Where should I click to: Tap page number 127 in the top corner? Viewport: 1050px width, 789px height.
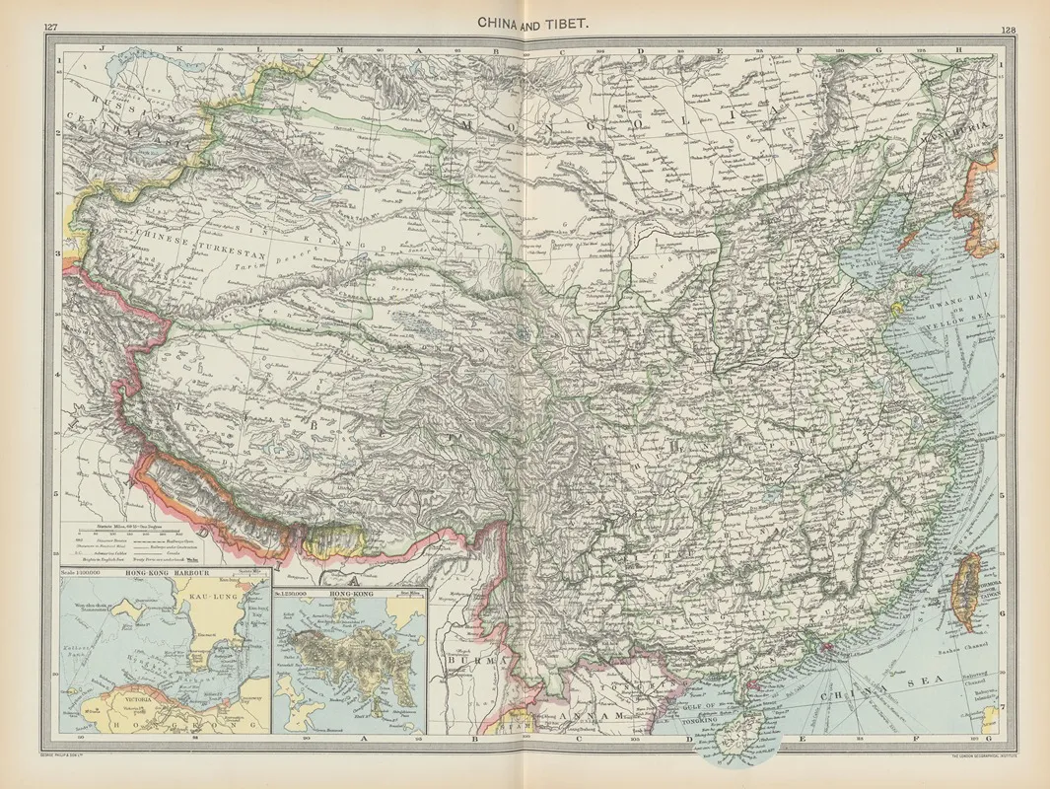[51, 27]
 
